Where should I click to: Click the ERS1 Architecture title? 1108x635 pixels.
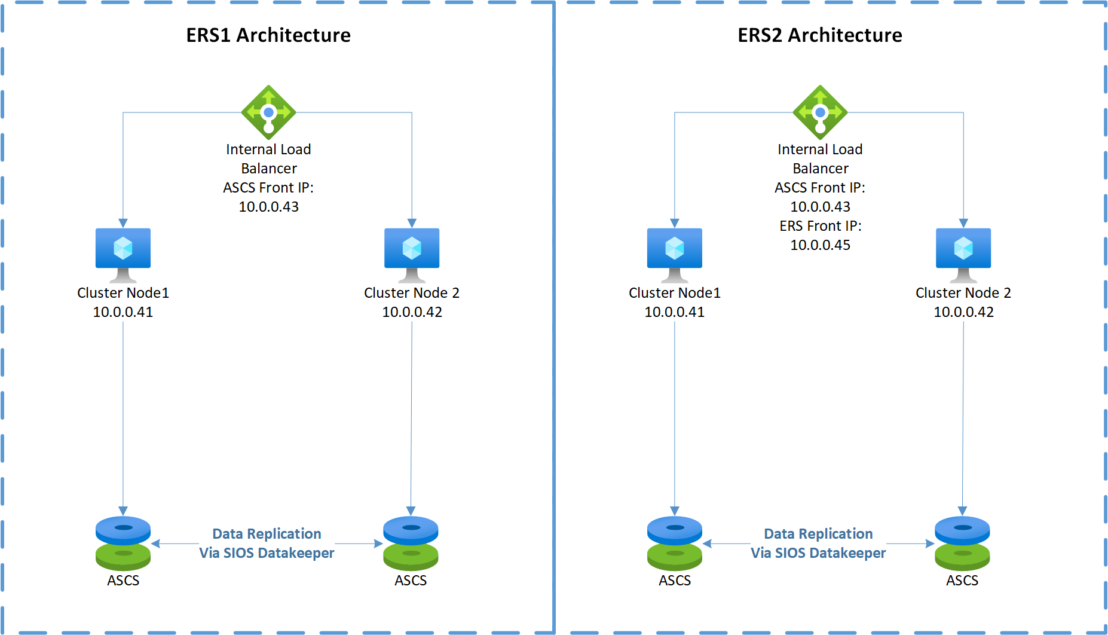[x=268, y=35]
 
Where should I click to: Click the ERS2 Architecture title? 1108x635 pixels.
[x=820, y=35]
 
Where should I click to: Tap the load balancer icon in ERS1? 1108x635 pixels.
[x=268, y=112]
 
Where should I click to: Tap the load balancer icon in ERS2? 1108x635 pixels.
[x=820, y=112]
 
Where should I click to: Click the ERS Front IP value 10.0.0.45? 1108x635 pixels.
[x=820, y=245]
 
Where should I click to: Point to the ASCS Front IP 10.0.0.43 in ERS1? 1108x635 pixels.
[x=268, y=207]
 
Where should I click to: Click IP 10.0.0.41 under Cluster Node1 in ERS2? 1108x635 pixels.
[x=675, y=312]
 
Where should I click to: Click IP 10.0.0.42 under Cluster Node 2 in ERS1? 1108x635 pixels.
[x=412, y=312]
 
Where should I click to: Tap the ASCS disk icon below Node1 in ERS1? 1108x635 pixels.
[x=123, y=543]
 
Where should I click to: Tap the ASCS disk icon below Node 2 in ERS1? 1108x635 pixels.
[x=411, y=543]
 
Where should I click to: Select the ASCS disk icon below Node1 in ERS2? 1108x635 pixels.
[x=675, y=543]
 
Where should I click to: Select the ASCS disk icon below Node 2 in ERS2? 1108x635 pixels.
[x=962, y=543]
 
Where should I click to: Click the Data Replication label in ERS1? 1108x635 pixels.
[x=267, y=533]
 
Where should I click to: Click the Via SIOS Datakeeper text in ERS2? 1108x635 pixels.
[x=818, y=553]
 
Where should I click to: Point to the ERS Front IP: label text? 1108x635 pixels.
[x=820, y=226]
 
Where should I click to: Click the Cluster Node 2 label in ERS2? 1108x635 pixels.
[x=963, y=293]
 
